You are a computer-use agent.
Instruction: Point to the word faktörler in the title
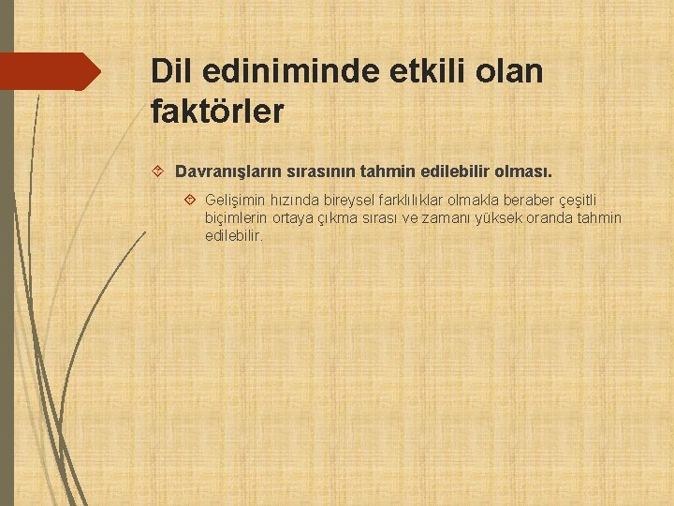216,112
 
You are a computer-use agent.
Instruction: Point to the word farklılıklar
412,201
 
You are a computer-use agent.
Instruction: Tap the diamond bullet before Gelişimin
190,201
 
